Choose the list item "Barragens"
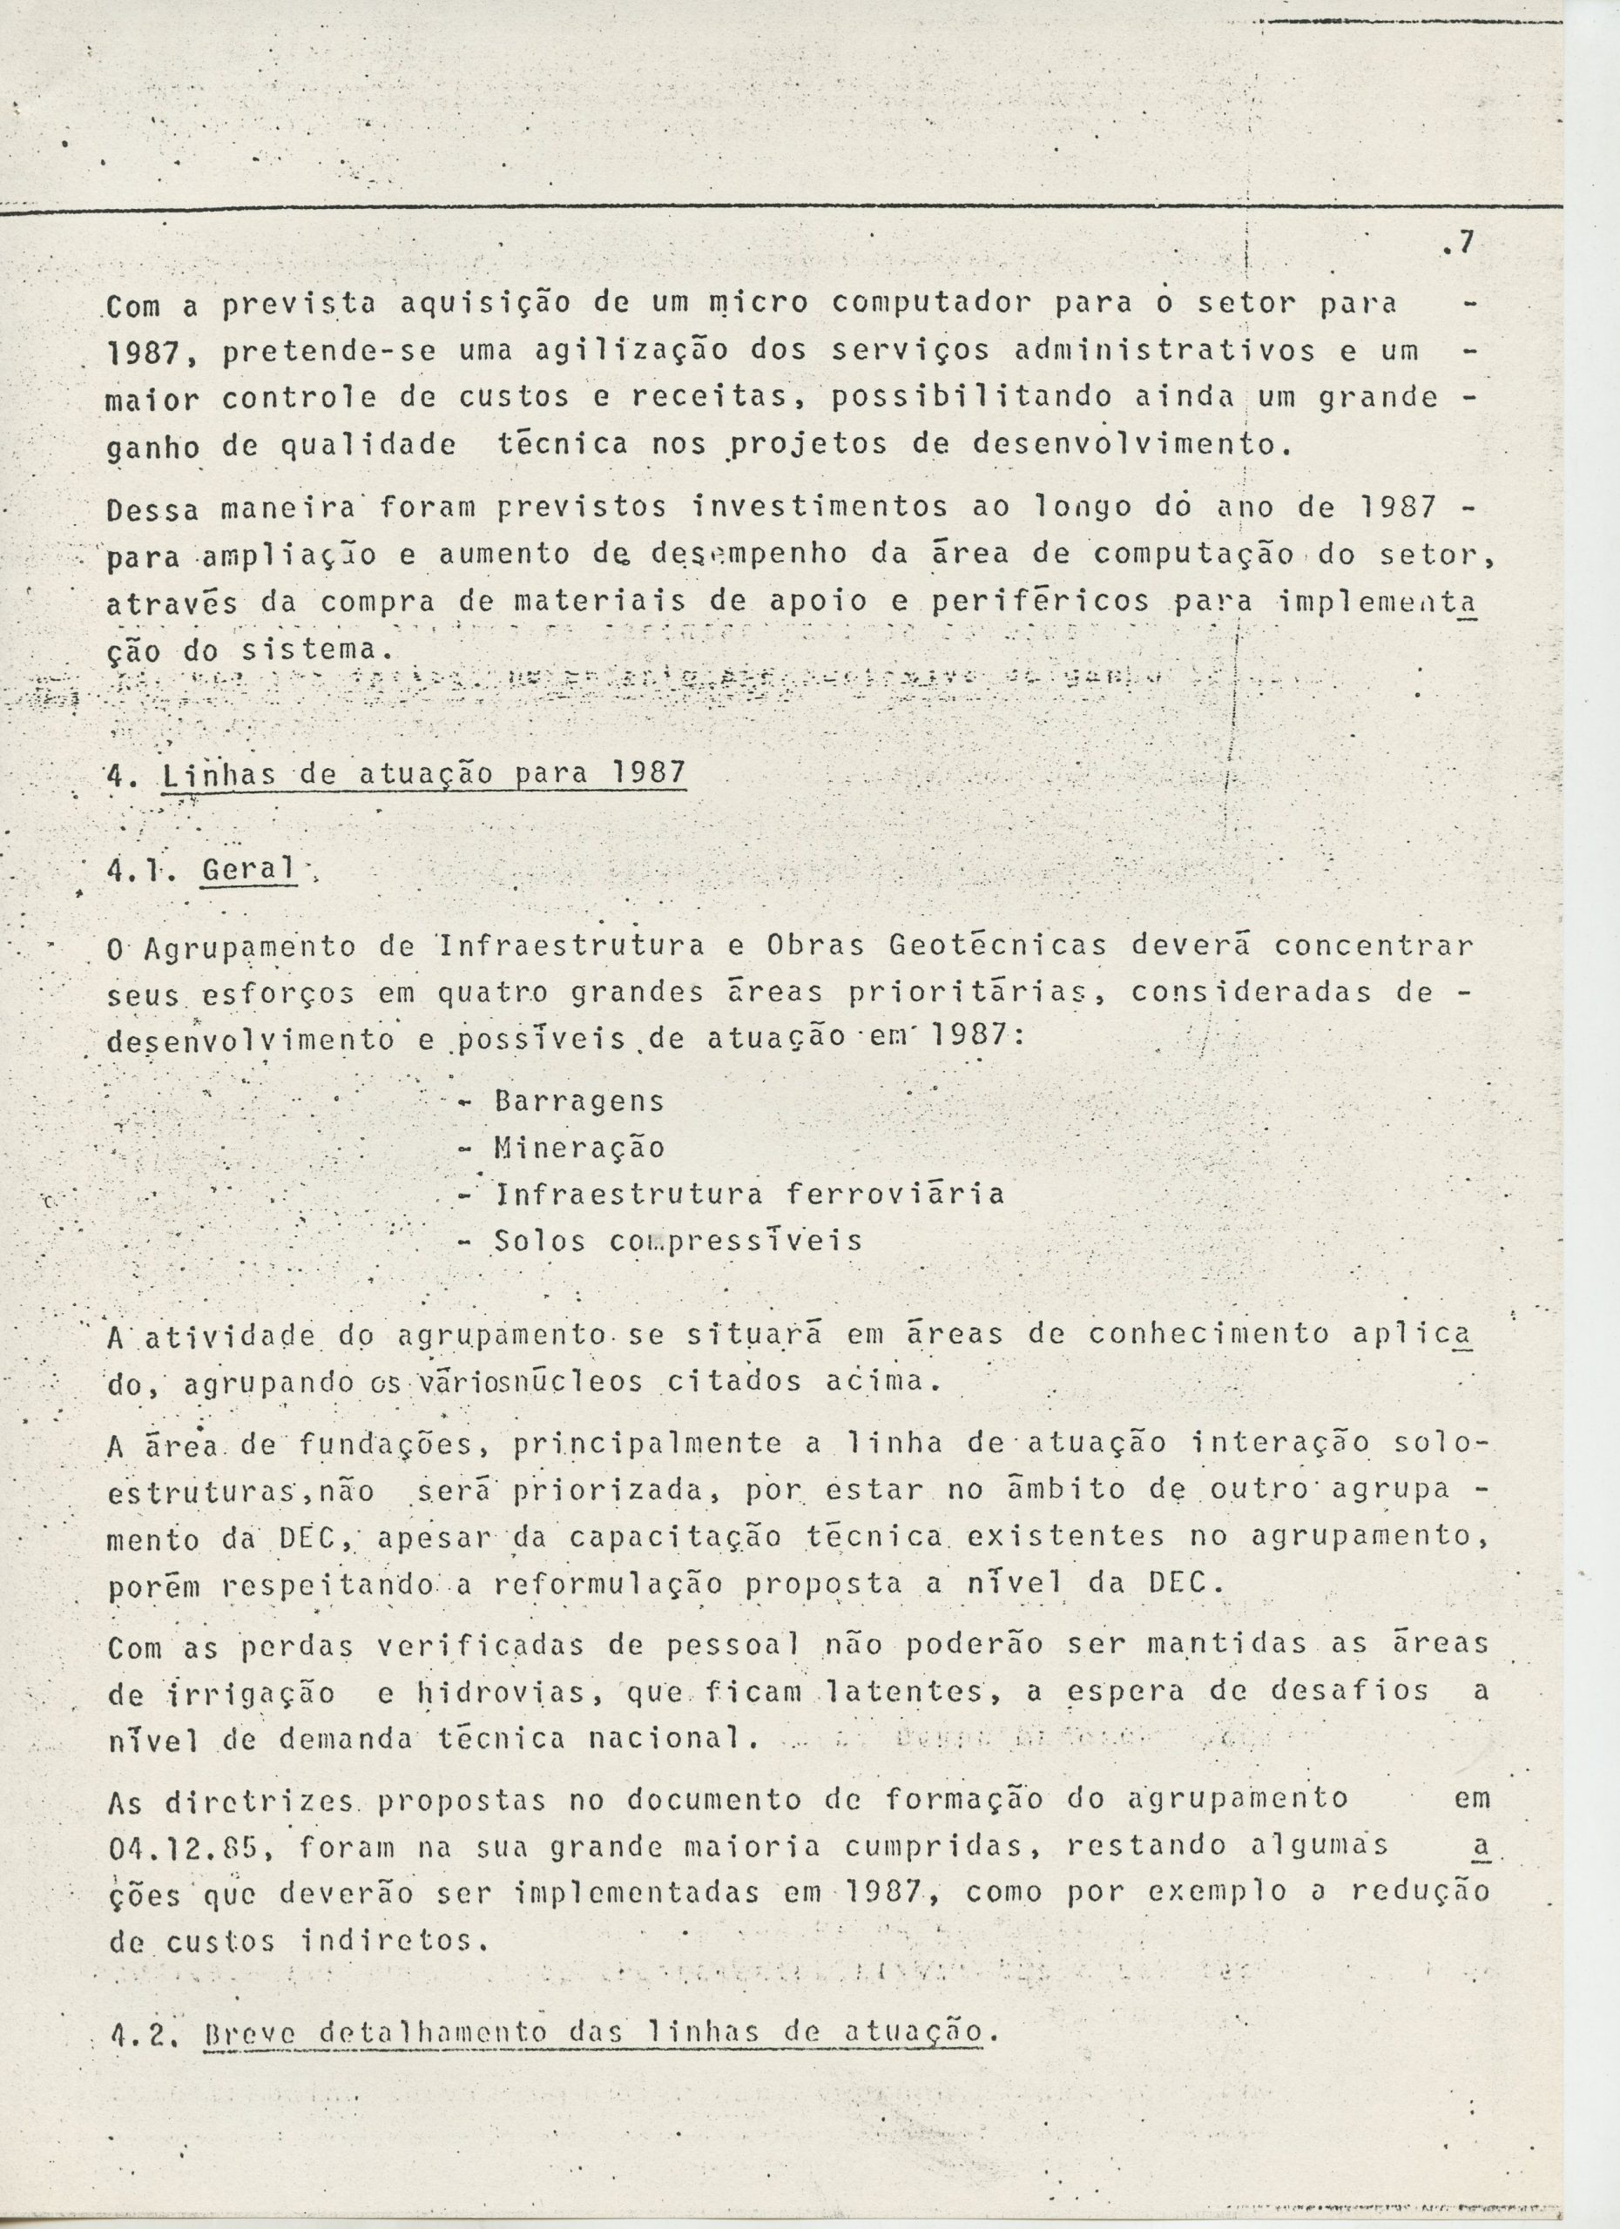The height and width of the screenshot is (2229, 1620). click(579, 1101)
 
